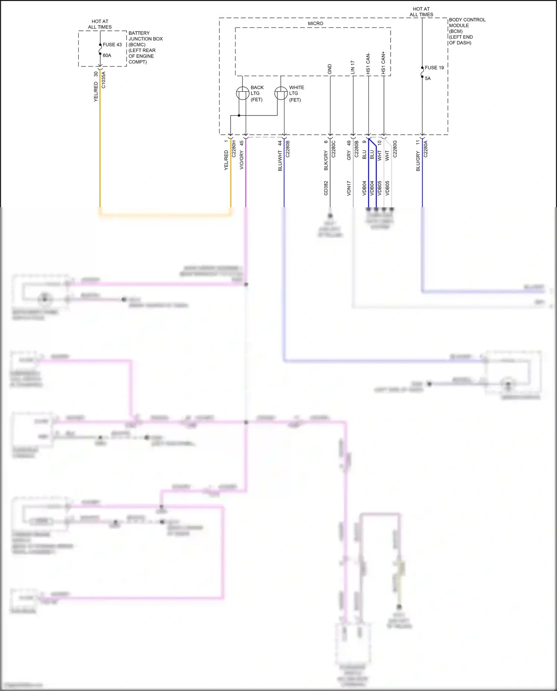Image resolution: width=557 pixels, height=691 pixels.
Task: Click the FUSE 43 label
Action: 112,45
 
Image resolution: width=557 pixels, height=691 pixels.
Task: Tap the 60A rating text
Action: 107,55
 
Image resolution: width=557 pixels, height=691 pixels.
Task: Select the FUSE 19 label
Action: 434,68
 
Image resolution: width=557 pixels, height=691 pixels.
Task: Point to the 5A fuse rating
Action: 428,78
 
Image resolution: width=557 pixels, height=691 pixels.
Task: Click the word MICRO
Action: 316,23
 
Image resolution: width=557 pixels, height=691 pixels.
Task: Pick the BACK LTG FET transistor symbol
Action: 243,93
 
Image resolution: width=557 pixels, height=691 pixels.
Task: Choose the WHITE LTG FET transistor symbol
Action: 281,93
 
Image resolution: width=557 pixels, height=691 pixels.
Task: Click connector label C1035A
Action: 104,80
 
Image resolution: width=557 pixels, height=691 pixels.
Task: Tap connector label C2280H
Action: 234,149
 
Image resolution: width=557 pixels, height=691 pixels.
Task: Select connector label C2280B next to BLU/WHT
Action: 288,149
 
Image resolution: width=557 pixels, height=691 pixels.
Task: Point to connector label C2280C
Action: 333,149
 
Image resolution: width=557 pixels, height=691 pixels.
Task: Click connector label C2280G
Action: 395,149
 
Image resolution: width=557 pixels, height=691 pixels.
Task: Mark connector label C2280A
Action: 426,149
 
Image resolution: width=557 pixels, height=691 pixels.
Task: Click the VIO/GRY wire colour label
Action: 242,160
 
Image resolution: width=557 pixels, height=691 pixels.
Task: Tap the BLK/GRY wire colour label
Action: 326,161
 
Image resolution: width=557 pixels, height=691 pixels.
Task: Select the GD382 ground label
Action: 326,188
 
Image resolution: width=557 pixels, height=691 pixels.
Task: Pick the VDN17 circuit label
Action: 349,188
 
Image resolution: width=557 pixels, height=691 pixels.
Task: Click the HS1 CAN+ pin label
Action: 384,63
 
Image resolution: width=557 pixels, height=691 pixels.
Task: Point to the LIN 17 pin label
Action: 353,67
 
